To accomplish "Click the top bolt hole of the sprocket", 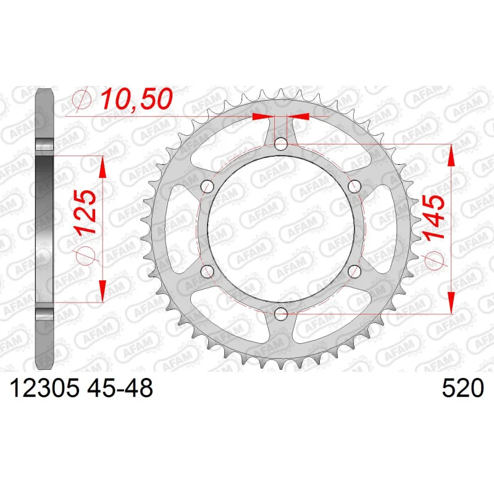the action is coord(281,144).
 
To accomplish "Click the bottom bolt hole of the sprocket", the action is coord(281,314).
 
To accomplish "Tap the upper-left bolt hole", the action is coord(207,186).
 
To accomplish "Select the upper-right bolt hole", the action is coord(354,186).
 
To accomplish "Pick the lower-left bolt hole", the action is coord(207,271).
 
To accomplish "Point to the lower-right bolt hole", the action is coord(354,271).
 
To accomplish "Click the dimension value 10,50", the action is coord(137,99).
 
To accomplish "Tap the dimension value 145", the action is coord(435,217).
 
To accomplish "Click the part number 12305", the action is coord(44,388).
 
